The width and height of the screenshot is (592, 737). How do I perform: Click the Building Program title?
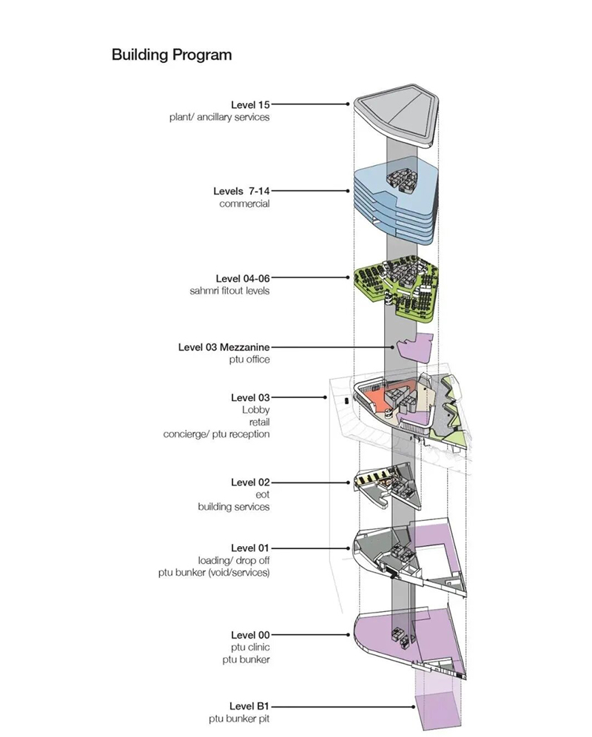pyautogui.click(x=171, y=55)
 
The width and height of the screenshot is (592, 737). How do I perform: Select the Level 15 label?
pyautogui.click(x=250, y=104)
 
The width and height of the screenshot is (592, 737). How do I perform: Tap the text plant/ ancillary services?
pyautogui.click(x=218, y=117)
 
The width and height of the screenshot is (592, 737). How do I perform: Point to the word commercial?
pyautogui.click(x=244, y=203)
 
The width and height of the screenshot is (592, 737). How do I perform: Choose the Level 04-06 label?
pyautogui.click(x=243, y=278)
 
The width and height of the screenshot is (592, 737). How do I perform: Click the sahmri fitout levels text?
pyautogui.click(x=229, y=291)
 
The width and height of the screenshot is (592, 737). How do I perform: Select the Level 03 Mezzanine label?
pyautogui.click(x=223, y=346)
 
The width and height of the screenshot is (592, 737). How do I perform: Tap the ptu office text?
pyautogui.click(x=249, y=359)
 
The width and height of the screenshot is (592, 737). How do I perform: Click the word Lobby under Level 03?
pyautogui.click(x=255, y=409)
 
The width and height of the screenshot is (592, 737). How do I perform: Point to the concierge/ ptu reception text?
pyautogui.click(x=216, y=434)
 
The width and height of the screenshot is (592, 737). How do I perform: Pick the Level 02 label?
pyautogui.click(x=250, y=482)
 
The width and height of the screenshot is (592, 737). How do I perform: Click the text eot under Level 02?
pyautogui.click(x=263, y=494)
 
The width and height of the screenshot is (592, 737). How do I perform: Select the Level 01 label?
pyautogui.click(x=250, y=548)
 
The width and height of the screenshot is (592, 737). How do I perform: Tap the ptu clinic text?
pyautogui.click(x=249, y=647)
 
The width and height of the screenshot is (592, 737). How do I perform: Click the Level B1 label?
pyautogui.click(x=249, y=707)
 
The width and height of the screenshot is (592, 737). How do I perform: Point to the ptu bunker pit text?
pyautogui.click(x=239, y=719)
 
